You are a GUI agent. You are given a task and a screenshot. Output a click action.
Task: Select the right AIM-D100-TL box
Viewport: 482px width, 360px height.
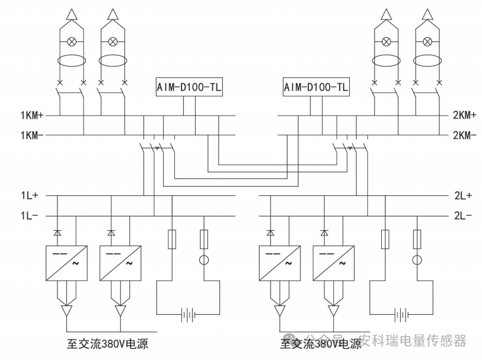[316, 88]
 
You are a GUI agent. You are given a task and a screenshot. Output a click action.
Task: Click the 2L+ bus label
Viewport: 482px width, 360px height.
[460, 195]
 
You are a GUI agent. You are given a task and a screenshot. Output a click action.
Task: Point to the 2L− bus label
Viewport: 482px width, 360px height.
[460, 216]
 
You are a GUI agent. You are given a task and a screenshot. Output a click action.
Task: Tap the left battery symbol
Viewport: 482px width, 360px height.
[189, 314]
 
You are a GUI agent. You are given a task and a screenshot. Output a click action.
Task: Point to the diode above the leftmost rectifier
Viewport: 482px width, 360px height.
[56, 232]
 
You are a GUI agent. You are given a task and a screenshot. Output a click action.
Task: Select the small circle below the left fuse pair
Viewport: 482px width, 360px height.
[203, 259]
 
